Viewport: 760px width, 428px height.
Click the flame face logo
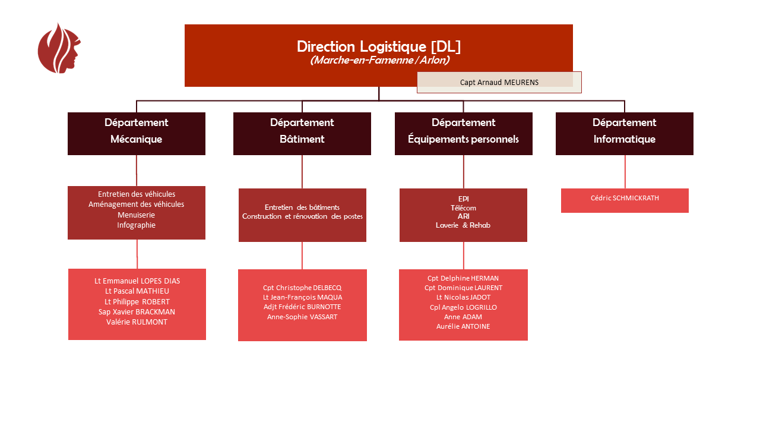(59, 49)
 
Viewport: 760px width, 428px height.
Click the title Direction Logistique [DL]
(378, 46)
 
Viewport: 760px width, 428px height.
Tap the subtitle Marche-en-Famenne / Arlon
(379, 61)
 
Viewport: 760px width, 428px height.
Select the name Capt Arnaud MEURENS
(499, 83)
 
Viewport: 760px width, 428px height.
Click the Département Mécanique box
(137, 133)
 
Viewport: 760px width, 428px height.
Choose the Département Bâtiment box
(302, 133)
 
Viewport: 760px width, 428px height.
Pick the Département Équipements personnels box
(463, 133)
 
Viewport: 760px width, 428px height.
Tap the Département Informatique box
(624, 133)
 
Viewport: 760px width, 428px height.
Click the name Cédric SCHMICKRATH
(625, 198)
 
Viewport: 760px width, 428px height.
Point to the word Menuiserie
(137, 215)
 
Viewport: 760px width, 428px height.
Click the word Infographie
(137, 225)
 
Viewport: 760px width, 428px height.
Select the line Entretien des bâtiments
(302, 207)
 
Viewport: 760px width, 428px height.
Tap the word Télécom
(463, 207)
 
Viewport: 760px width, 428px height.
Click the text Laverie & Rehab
(463, 225)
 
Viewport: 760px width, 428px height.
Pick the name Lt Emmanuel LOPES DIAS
(137, 281)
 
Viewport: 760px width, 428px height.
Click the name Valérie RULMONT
(137, 322)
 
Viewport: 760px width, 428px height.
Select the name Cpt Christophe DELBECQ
(302, 288)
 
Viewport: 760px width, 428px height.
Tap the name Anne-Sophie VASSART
(302, 317)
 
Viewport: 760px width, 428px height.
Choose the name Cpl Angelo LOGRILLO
(463, 307)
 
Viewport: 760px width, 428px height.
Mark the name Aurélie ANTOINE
(463, 326)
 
